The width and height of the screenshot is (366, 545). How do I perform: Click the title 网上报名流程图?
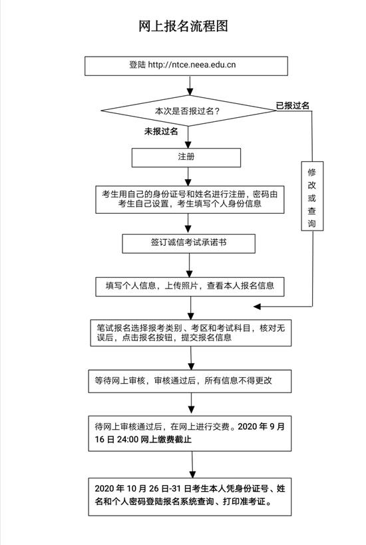tap(183, 27)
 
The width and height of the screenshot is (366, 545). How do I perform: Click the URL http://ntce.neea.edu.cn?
tap(192, 65)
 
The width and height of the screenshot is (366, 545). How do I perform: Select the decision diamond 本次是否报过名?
tap(188, 111)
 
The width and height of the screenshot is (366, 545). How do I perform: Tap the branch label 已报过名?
tap(292, 105)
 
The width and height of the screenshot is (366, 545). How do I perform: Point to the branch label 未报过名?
tap(161, 131)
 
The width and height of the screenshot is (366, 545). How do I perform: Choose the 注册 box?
tap(186, 157)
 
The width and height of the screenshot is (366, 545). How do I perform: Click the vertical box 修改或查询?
tap(312, 196)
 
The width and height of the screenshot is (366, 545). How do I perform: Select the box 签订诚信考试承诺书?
tap(188, 243)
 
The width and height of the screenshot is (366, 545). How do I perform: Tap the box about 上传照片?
tap(190, 286)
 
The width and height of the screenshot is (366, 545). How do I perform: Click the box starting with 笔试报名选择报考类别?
tap(190, 333)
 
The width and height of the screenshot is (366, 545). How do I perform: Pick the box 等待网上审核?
tap(190, 381)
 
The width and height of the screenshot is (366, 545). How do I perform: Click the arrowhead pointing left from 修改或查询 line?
tap(257, 306)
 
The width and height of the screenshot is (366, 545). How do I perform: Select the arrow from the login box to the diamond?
tap(190, 85)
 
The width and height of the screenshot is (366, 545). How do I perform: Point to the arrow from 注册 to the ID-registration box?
tap(188, 177)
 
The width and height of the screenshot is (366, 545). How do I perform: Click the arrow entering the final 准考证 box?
tap(192, 464)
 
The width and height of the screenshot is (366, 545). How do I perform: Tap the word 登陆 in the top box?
tap(138, 65)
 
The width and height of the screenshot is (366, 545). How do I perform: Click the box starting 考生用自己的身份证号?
tap(190, 199)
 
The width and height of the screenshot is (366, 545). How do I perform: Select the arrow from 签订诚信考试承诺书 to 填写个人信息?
tap(189, 265)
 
